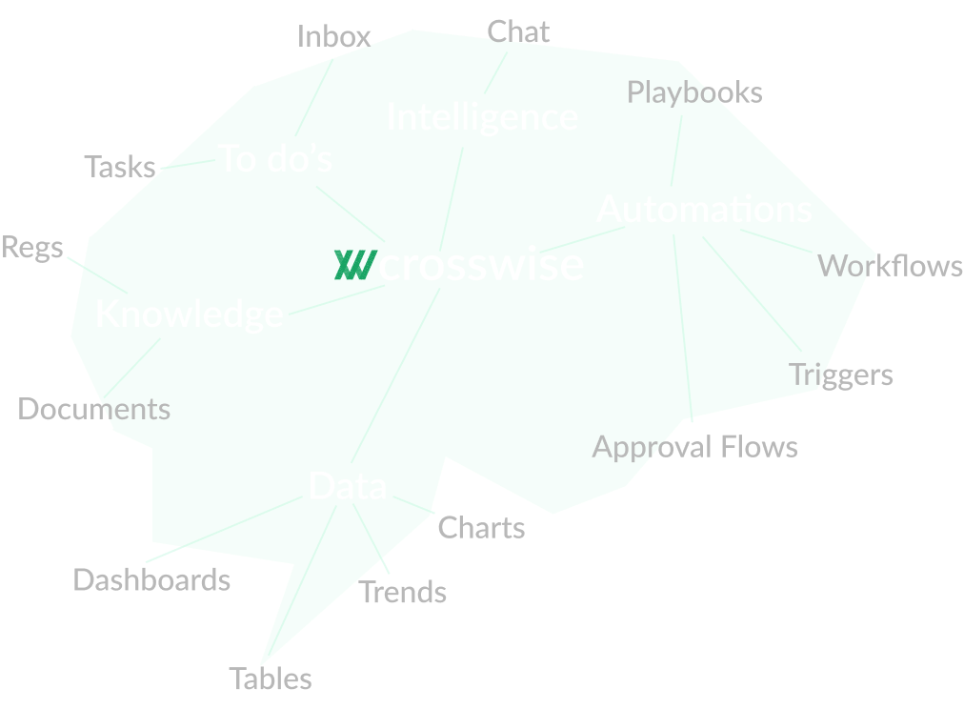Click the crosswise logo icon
click(x=353, y=265)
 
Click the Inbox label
click(x=333, y=36)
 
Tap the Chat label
click(x=518, y=31)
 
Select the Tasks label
click(x=120, y=167)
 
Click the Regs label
click(x=32, y=248)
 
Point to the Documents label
click(x=94, y=410)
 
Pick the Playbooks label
click(x=694, y=92)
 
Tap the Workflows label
click(x=890, y=266)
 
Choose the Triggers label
click(x=842, y=375)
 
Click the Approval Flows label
click(x=695, y=447)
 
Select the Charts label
click(x=481, y=528)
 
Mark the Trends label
click(x=403, y=592)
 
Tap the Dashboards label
click(x=151, y=579)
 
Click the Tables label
click(x=271, y=679)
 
